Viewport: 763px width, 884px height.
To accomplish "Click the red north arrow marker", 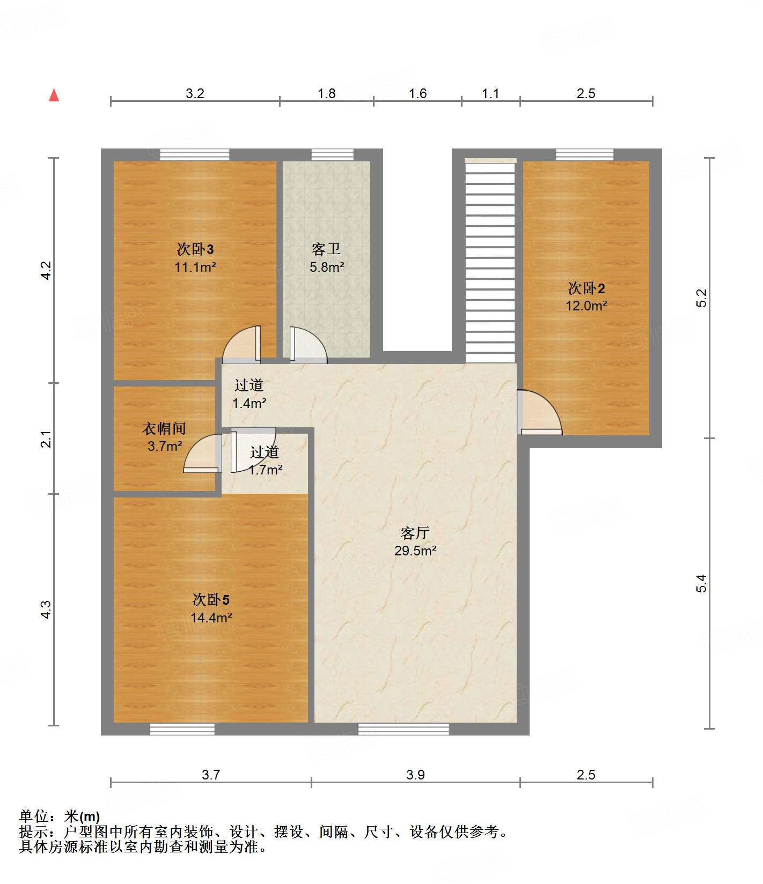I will point(54,95).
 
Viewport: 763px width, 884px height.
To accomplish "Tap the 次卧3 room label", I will point(195,249).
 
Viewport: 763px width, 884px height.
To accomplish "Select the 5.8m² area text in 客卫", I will point(326,267).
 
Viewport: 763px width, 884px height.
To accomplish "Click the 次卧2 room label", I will point(586,288).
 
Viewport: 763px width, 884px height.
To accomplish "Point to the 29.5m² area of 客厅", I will point(415,551).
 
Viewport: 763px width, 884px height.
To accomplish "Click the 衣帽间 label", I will point(164,428).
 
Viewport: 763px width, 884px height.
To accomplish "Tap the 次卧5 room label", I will point(211,599).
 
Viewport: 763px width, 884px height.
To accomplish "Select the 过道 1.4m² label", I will point(249,394).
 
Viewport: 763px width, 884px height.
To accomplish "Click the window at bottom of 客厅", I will point(403,729).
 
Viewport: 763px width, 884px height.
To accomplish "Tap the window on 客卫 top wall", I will point(333,155).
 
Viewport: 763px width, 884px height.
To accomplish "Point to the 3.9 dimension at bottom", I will point(415,775).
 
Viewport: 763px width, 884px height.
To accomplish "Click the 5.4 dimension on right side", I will point(702,583).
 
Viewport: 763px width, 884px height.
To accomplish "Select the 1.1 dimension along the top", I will point(490,94).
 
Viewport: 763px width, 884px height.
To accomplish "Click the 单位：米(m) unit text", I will point(60,816).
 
